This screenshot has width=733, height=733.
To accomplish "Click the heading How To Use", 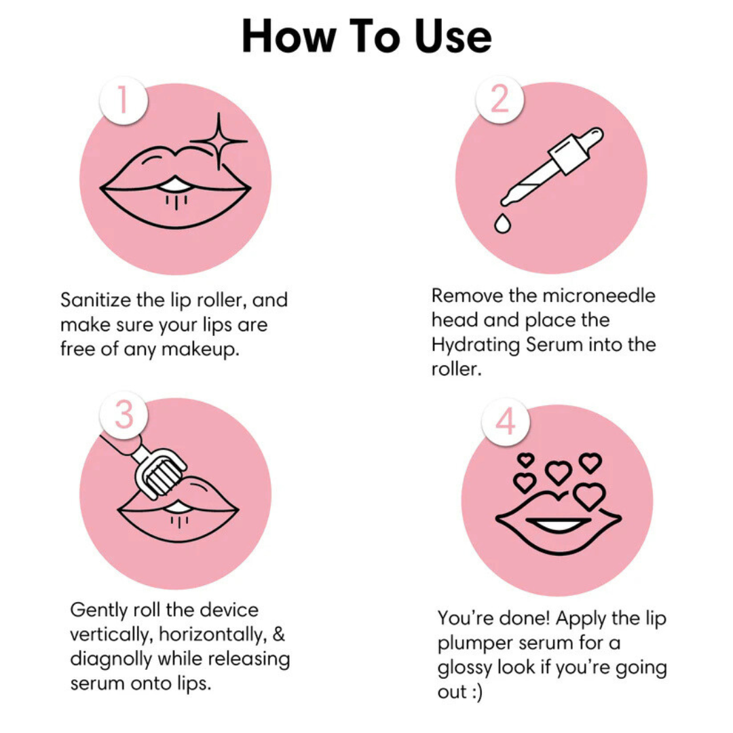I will pos(366,37).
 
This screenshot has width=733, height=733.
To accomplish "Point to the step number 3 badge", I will pos(123,415).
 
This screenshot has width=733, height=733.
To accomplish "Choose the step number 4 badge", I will pos(505,422).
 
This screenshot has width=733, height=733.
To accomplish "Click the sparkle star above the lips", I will pos(219,140).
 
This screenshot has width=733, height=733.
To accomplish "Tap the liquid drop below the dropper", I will pos(502,223).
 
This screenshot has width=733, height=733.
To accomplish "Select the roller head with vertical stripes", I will pos(160,476).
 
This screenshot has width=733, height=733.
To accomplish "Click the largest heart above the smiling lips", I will pos(589,496).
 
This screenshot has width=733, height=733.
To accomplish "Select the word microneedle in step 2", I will pos(598,296).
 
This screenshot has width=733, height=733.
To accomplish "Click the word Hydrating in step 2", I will pos(476,345).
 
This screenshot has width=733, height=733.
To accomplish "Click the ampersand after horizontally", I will pos(277,635).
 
